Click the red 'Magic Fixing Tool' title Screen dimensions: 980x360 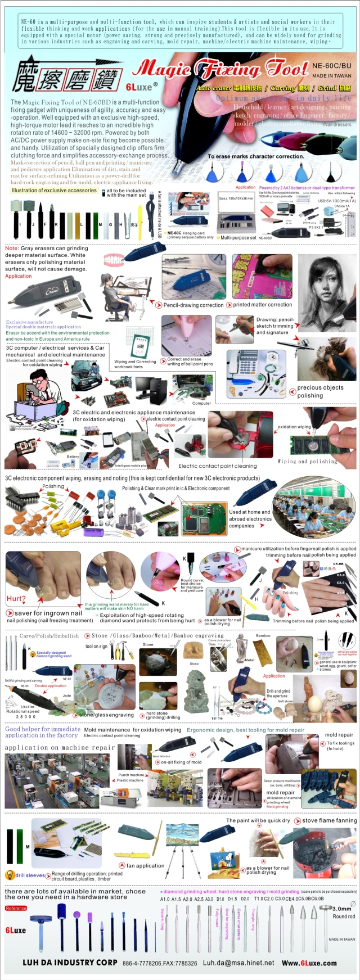(x=219, y=70)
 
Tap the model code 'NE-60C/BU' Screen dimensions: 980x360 (x=331, y=66)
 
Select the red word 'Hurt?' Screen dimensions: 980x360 (x=16, y=599)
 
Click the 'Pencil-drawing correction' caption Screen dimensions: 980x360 (x=193, y=305)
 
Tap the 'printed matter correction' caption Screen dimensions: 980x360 (x=262, y=305)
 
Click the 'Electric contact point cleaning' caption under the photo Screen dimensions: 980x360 (x=217, y=466)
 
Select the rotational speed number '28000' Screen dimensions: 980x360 (x=25, y=717)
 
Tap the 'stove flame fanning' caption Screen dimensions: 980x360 (x=329, y=820)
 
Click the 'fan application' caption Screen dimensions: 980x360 (x=145, y=865)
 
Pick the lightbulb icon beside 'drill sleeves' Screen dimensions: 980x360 (x=9, y=875)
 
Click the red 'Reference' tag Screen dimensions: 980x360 (x=16, y=908)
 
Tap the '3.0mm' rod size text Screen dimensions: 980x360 (x=341, y=909)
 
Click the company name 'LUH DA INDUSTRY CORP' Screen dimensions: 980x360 (x=70, y=963)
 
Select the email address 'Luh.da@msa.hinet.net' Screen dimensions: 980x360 (x=238, y=963)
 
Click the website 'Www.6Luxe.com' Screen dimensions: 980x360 (x=309, y=963)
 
